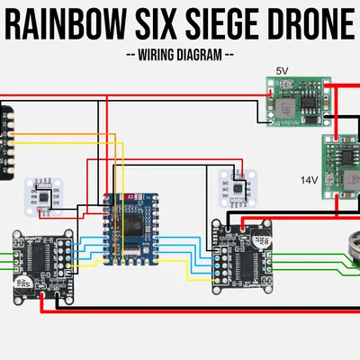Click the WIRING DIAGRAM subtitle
coord(181,54)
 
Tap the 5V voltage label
coord(282,71)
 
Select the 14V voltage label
coord(309,180)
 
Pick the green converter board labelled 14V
coord(341,170)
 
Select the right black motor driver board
coord(243,256)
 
